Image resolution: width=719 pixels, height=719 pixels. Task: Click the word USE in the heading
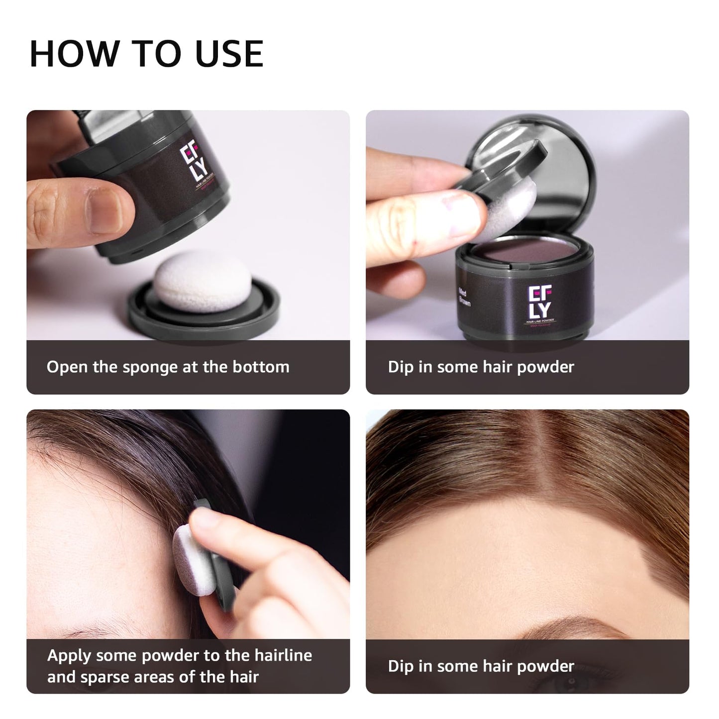[x=229, y=53]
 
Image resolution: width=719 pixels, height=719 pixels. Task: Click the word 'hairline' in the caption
[x=283, y=655]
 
